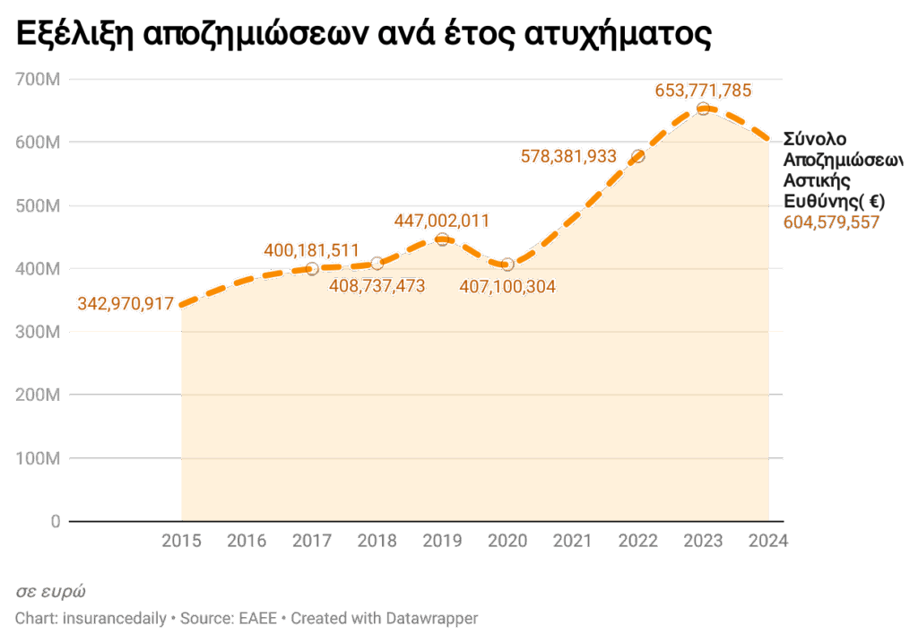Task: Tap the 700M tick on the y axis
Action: pos(39,80)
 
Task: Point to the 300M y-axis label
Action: pos(39,333)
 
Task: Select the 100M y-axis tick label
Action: pos(39,459)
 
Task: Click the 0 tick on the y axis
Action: pos(55,522)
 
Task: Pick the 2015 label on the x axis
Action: pos(181,541)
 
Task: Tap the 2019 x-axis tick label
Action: pos(442,541)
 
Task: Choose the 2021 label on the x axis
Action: pos(573,541)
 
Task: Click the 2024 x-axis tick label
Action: pos(768,541)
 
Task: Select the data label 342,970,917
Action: pos(126,304)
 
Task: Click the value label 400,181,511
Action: pos(311,249)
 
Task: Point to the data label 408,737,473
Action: pos(377,286)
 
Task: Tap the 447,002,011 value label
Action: pos(441,221)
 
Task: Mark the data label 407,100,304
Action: pos(507,287)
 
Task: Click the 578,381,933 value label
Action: pos(568,156)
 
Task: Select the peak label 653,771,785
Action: pos(703,90)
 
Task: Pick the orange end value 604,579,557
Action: pos(832,222)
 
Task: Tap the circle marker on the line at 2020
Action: pos(507,264)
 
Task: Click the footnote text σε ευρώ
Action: pos(51,592)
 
